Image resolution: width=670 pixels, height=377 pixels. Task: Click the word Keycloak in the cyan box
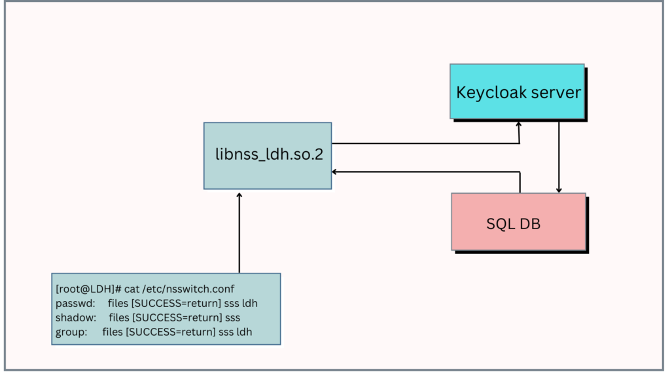(486, 92)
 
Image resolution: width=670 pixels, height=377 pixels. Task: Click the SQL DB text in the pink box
(514, 223)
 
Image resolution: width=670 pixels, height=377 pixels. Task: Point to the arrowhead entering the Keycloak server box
(519, 124)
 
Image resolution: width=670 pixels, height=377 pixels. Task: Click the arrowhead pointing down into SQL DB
(558, 189)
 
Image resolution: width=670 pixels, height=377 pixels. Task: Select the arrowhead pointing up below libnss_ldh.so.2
(239, 196)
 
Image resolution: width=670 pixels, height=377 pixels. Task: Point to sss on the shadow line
(232, 317)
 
